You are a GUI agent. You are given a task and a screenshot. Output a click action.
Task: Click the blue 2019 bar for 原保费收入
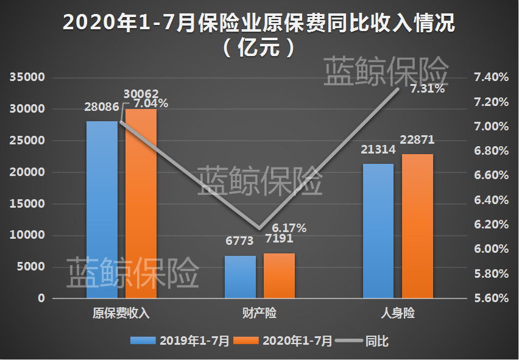coord(102,210)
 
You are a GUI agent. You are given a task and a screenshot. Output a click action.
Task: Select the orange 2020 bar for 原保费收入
coord(141,204)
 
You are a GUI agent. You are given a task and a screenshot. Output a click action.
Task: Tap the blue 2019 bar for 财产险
coord(240,277)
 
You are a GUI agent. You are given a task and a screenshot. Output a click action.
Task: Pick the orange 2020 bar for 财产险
coord(279,276)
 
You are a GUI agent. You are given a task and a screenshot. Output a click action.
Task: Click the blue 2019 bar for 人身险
coord(378,231)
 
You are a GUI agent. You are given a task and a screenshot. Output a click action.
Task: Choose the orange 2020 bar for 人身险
coord(417,227)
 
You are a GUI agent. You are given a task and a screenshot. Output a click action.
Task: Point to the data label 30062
coord(141,94)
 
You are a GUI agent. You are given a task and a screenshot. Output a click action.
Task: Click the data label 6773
coord(239,241)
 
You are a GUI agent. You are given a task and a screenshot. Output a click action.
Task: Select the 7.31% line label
coord(427,89)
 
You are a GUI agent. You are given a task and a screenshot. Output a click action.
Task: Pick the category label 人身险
coord(398,314)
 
